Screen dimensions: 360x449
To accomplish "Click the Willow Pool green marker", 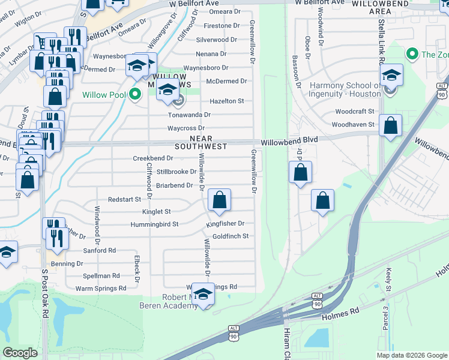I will pyautogui.click(x=136, y=94).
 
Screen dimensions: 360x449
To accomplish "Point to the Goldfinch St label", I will pyautogui.click(x=231, y=236).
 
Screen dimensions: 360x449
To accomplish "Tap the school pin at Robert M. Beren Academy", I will pyautogui.click(x=204, y=296).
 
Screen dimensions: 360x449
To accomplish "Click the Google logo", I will pyautogui.click(x=20, y=352).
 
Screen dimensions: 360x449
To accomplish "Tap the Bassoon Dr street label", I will pyautogui.click(x=296, y=71).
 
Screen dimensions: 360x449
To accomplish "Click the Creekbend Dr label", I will pyautogui.click(x=153, y=158).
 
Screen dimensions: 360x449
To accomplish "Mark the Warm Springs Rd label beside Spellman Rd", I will pyautogui.click(x=101, y=289).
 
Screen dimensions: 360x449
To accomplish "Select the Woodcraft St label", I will pyautogui.click(x=354, y=112).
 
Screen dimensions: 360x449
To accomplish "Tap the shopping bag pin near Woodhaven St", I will pyautogui.click(x=391, y=126).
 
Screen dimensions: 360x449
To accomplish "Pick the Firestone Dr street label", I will pyautogui.click(x=221, y=26).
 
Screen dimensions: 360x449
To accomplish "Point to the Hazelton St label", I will pyautogui.click(x=226, y=101).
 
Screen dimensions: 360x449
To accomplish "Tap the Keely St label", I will pyautogui.click(x=389, y=281).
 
